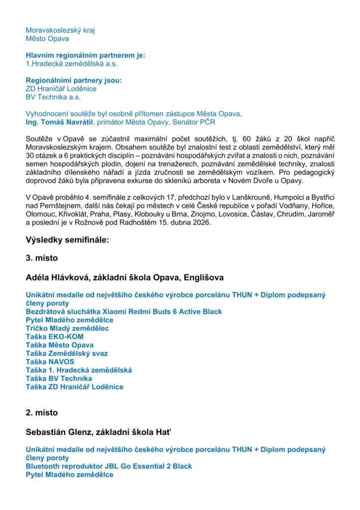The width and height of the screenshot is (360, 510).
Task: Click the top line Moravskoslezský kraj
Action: point(60,30)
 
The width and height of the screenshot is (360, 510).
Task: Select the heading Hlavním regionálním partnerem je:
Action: point(86,55)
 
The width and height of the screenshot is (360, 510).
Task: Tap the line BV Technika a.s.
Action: point(53,97)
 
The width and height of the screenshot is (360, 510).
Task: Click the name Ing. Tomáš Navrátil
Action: point(59,122)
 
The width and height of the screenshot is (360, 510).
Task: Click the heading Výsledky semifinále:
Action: point(67,240)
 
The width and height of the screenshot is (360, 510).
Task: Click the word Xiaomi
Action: point(119,312)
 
